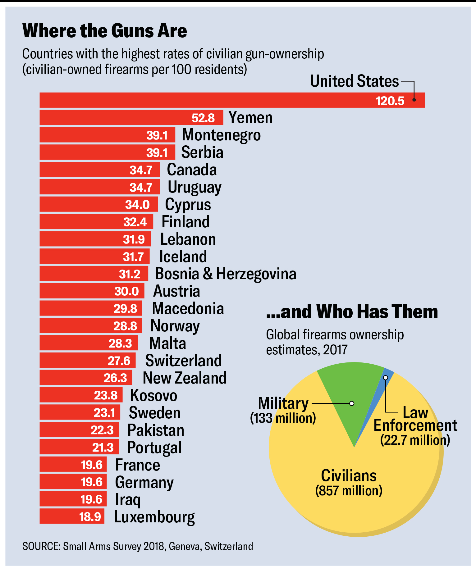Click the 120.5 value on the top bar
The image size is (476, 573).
[390, 101]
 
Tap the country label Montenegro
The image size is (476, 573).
[221, 135]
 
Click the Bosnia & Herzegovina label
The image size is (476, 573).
[226, 274]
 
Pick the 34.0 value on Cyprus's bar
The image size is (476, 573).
[137, 205]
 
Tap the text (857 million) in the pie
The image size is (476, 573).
[349, 491]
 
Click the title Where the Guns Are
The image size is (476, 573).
[105, 31]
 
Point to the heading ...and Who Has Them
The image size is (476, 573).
[352, 312]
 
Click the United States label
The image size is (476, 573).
[354, 81]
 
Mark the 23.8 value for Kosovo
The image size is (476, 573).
[106, 395]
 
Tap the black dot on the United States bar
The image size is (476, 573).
[414, 100]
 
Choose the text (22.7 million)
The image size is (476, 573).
[415, 440]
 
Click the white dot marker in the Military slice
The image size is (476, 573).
[352, 403]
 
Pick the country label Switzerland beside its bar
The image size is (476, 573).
[183, 361]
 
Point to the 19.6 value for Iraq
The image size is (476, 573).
[91, 499]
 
